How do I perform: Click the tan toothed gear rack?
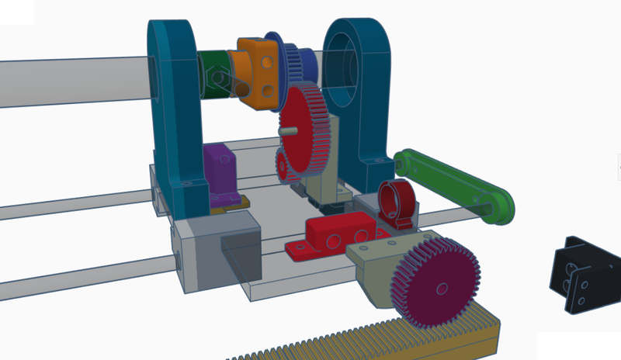click(365, 337)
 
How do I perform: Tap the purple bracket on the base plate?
click(220, 175)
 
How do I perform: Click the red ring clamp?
click(396, 202)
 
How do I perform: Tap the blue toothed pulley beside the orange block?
click(293, 62)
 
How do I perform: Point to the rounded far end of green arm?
click(501, 206)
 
